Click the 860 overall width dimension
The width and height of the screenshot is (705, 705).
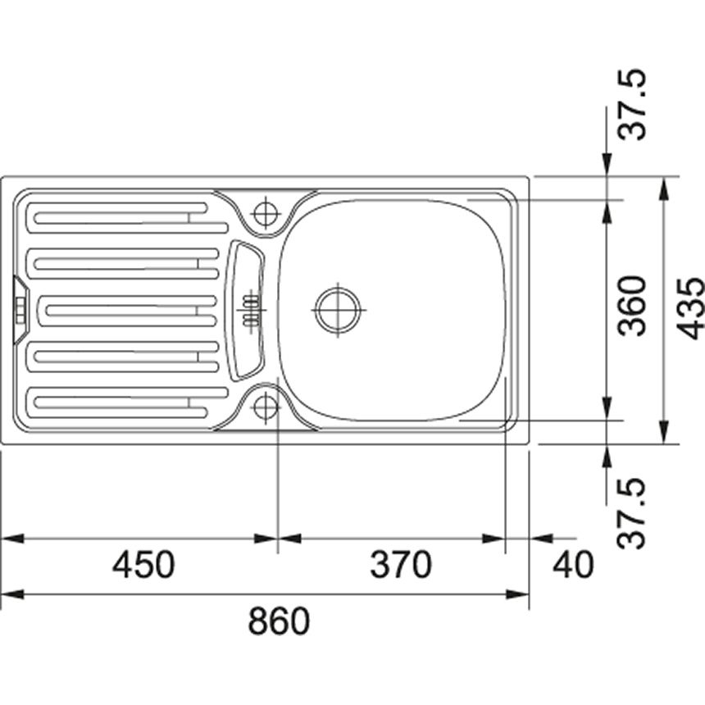coord(279,621)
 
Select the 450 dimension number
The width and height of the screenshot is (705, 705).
coord(143,565)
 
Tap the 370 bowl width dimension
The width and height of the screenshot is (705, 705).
coord(401,565)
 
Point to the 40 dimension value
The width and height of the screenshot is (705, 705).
coord(573,565)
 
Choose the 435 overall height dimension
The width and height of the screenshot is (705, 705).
coord(690,308)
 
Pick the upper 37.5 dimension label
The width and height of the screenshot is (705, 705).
coord(632,105)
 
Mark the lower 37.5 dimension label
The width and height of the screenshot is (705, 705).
coord(632,513)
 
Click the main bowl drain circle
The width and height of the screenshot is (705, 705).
coord(338,310)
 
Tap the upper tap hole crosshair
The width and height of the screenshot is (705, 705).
coord(266,213)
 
